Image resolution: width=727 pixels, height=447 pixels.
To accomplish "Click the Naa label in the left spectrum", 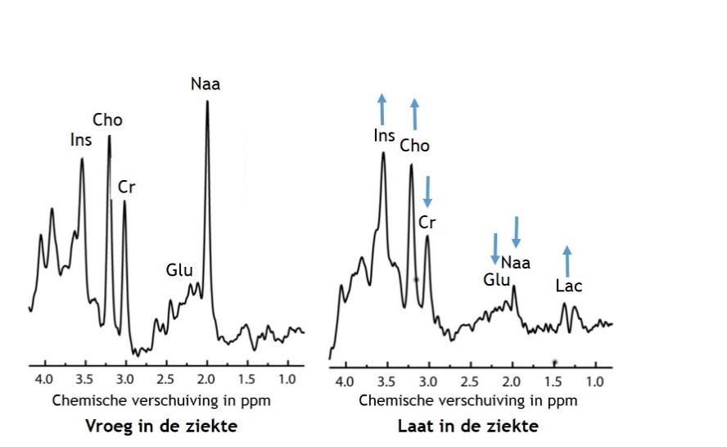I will coord(205,84).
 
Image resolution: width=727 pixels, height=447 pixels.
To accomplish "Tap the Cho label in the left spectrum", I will coord(107,120).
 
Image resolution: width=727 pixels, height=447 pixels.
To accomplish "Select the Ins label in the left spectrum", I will coord(81,140).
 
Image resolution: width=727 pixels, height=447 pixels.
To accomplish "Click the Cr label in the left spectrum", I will coord(126,187).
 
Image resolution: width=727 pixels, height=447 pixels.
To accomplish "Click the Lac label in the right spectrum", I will coord(568,287).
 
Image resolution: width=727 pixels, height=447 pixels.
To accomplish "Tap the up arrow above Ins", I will coord(382,110).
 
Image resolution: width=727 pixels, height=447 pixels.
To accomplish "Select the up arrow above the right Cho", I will coord(414,115).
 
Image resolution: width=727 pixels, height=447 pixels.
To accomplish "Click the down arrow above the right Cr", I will coord(427,192).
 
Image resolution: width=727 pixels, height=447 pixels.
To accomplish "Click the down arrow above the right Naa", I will coord(516,232).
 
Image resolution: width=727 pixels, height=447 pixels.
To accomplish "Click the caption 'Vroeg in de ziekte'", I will coord(162,427).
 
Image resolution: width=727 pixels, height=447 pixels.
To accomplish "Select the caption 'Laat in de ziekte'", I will coord(468,427).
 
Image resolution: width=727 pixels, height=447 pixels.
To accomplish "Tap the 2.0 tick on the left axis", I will coord(206,380).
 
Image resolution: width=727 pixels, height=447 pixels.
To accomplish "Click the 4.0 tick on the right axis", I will coord(345,382).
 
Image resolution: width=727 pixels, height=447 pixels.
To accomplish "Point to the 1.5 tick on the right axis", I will coord(553,382).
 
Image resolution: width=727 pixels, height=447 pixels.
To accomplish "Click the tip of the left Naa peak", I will coord(207,101).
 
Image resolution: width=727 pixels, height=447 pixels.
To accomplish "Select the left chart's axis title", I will coord(161,401).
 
